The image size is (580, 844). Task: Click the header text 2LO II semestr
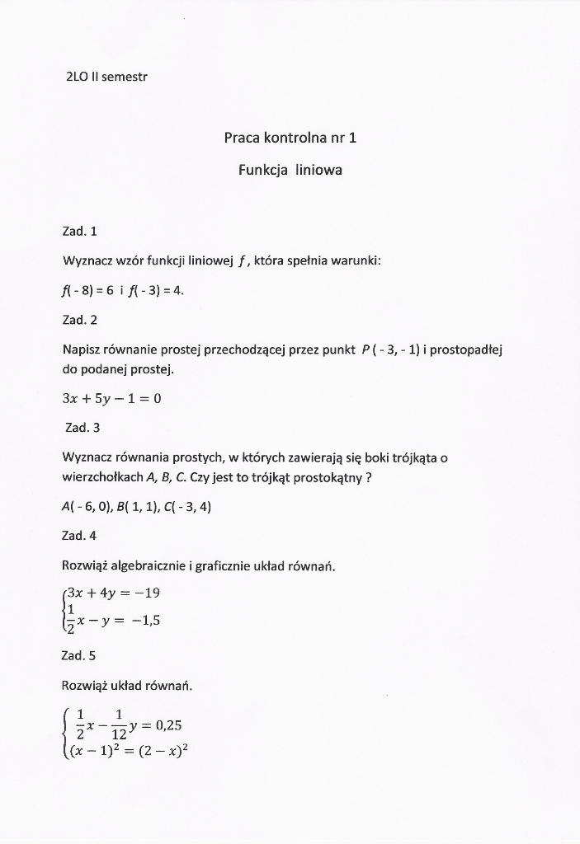[106, 77]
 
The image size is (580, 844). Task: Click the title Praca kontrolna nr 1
[290, 138]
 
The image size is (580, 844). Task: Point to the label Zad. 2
[80, 319]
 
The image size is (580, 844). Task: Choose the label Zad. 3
[82, 428]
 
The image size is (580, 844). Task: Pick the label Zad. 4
[80, 536]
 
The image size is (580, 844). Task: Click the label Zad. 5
[80, 655]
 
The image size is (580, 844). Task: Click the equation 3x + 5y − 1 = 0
[112, 399]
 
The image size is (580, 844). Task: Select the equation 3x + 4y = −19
[119, 591]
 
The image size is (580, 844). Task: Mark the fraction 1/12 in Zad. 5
[119, 725]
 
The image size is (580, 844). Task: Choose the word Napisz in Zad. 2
[82, 349]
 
